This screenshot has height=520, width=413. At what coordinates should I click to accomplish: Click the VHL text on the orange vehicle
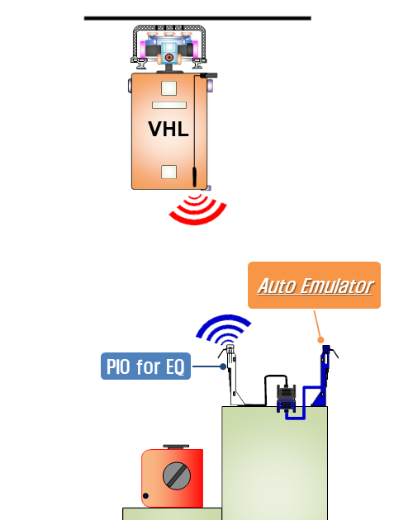[x=169, y=129]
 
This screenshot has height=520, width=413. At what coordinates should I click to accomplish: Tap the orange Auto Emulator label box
[x=314, y=286]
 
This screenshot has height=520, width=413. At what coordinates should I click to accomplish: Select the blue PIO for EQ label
[x=145, y=366]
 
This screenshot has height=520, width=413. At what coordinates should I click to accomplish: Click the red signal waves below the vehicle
[x=197, y=210]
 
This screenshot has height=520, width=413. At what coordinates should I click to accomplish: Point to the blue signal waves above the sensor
[x=223, y=329]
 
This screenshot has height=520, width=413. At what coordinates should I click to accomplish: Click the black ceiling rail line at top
[x=197, y=18]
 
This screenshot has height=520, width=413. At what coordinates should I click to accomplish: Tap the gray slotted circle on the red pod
[x=177, y=476]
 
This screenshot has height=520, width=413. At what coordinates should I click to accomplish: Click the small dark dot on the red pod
[x=145, y=496]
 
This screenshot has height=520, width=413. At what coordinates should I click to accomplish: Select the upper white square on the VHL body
[x=169, y=88]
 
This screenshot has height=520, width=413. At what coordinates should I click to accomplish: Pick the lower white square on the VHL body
[x=169, y=173]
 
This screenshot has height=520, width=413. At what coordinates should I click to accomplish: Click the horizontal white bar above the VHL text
[x=169, y=105]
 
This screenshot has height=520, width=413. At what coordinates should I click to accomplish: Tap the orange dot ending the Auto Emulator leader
[x=320, y=339]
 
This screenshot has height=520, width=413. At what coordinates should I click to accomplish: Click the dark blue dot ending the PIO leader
[x=223, y=366]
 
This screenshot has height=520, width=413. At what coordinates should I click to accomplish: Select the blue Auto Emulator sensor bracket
[x=325, y=376]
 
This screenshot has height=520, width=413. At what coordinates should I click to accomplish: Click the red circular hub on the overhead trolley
[x=169, y=58]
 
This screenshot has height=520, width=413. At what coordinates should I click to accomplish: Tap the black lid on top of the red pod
[x=176, y=447]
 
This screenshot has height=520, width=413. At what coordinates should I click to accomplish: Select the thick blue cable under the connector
[x=304, y=403]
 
